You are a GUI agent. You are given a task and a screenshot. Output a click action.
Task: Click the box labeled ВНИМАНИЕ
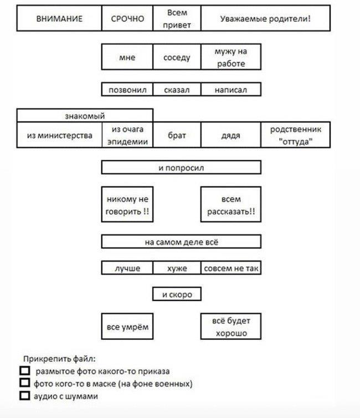(59, 18)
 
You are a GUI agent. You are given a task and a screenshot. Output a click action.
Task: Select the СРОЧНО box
(127, 18)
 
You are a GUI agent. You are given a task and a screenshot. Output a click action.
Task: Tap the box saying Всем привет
(177, 18)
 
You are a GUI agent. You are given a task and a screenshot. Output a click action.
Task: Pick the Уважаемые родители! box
(266, 18)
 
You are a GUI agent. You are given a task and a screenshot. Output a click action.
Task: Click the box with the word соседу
(177, 57)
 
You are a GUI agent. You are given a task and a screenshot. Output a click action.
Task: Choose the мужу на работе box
(231, 57)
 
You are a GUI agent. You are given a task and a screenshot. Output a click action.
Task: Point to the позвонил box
(127, 89)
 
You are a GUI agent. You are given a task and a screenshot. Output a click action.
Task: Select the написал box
(231, 89)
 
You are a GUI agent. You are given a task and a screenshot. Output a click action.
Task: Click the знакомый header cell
(85, 115)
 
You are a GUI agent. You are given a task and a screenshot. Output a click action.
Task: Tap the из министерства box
(59, 135)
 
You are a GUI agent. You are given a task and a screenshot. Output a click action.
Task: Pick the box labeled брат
(177, 135)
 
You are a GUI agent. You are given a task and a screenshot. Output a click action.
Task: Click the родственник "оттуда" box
(296, 135)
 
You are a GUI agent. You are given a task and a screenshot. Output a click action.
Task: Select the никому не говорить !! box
(127, 205)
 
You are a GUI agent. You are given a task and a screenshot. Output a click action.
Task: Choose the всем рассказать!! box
(231, 205)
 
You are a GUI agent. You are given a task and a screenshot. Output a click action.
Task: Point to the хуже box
(177, 268)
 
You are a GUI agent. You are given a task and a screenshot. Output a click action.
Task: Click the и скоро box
(177, 294)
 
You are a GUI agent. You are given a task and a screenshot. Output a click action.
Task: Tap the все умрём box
(127, 327)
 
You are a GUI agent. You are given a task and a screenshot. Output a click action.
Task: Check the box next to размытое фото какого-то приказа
(25, 370)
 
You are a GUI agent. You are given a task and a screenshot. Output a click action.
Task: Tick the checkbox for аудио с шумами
(25, 395)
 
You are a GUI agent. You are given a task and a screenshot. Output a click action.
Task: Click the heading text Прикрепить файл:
(59, 359)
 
